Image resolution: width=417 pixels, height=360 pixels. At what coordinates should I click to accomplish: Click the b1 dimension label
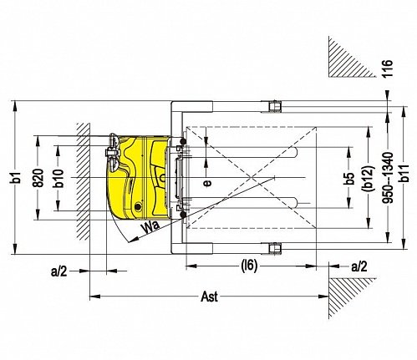[18, 178]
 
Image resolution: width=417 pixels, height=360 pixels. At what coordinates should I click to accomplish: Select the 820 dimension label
[38, 178]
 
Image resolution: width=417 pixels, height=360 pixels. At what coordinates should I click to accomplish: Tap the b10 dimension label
[58, 178]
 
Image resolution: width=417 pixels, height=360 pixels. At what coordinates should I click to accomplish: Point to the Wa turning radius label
[150, 226]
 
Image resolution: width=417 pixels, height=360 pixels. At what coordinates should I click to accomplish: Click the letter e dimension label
[207, 183]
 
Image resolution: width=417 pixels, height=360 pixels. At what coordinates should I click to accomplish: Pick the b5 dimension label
[349, 178]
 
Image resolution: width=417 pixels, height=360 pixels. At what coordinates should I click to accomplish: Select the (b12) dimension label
[369, 178]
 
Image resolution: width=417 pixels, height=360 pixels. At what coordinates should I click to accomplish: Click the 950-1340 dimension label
[388, 178]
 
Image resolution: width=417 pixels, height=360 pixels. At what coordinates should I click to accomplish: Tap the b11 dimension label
[404, 173]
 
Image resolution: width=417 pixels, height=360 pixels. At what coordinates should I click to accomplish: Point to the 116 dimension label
[388, 68]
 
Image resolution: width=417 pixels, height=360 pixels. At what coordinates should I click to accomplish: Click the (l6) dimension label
[249, 266]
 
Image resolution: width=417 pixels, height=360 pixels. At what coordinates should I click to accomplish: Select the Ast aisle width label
[210, 297]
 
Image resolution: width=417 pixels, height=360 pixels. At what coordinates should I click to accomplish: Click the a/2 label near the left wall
[59, 271]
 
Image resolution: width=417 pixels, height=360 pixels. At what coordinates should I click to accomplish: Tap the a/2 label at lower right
[359, 266]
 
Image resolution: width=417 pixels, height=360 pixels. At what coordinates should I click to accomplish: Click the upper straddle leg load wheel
[276, 106]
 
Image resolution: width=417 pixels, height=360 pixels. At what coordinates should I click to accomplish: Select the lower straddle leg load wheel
[275, 248]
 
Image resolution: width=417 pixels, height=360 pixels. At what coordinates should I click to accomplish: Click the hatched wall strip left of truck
[84, 181]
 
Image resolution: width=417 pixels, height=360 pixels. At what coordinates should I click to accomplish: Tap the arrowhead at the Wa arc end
[134, 240]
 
